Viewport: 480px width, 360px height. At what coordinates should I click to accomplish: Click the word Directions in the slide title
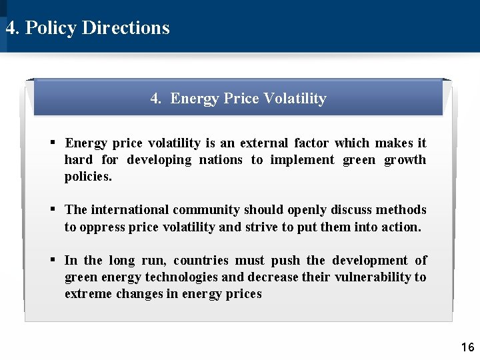pyautogui.click(x=125, y=28)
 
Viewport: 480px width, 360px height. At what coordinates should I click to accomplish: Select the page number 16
pyautogui.click(x=467, y=347)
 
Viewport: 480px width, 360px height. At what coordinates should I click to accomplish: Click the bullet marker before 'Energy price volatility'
pyautogui.click(x=53, y=143)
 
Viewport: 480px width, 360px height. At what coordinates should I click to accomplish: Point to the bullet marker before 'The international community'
pyautogui.click(x=53, y=210)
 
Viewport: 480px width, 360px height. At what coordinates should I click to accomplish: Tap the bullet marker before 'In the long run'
pyautogui.click(x=53, y=260)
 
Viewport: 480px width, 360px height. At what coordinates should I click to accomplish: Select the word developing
pyautogui.click(x=159, y=160)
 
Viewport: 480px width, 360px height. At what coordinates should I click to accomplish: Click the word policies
pyautogui.click(x=88, y=177)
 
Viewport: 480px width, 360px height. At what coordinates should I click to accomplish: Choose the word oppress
pyautogui.click(x=101, y=227)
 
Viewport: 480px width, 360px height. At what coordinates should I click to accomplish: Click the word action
pyautogui.click(x=401, y=227)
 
